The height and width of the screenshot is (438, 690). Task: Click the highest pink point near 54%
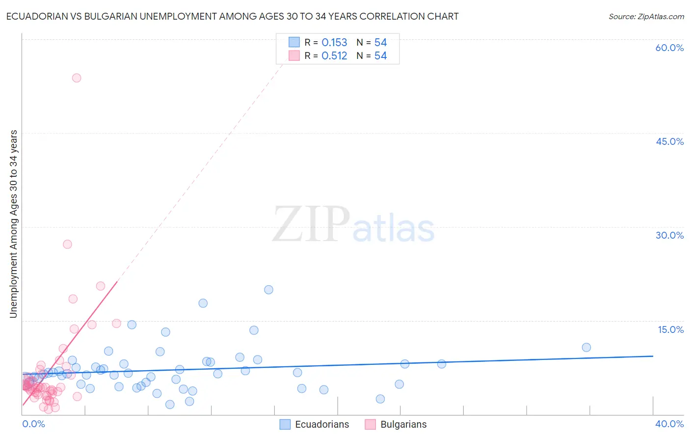[77, 78]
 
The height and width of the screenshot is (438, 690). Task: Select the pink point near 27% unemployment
[68, 244]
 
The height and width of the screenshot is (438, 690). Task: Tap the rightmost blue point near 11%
[586, 347]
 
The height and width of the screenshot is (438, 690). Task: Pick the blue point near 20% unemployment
[268, 290]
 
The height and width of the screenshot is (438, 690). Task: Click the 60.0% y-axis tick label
[669, 48]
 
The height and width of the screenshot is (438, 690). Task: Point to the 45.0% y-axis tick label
[669, 141]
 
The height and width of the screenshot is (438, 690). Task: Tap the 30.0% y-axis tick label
[669, 235]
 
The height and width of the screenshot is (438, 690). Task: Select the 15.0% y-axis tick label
[670, 329]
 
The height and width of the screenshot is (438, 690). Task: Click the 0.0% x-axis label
[33, 424]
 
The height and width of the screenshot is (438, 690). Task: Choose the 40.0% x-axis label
[669, 424]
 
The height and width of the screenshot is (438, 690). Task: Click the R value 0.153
[334, 43]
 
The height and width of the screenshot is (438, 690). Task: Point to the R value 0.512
[334, 56]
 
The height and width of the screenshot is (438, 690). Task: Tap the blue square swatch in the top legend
[294, 42]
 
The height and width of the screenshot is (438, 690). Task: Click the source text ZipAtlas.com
[646, 16]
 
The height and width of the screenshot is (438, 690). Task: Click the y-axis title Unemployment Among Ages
[14, 223]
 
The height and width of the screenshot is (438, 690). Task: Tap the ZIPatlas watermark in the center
[353, 225]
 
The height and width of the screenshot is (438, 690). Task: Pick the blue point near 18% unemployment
[203, 303]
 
